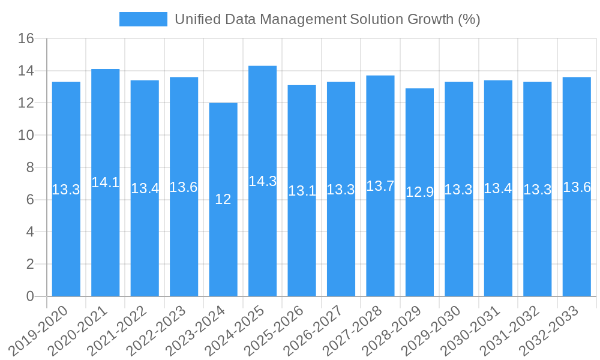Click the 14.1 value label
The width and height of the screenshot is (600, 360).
click(106, 182)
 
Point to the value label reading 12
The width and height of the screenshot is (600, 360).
click(223, 199)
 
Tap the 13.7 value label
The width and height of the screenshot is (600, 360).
click(380, 186)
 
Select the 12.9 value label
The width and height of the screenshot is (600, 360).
click(419, 193)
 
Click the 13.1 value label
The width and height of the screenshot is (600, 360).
click(302, 191)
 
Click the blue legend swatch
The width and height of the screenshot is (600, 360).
click(143, 19)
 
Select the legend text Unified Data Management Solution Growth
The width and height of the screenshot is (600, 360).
click(327, 19)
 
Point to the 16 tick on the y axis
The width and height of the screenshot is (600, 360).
click(26, 39)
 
